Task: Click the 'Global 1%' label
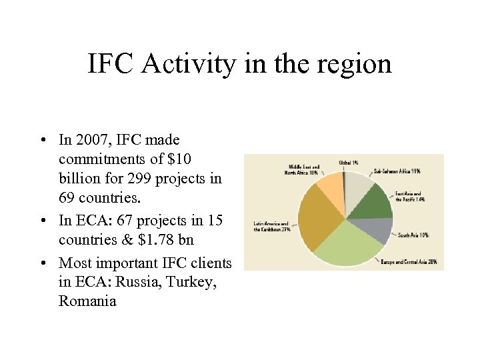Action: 349,162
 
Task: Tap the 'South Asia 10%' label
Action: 414,235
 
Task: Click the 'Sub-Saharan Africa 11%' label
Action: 397,171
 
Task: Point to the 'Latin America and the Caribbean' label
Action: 271,226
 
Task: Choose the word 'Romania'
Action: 87,301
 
